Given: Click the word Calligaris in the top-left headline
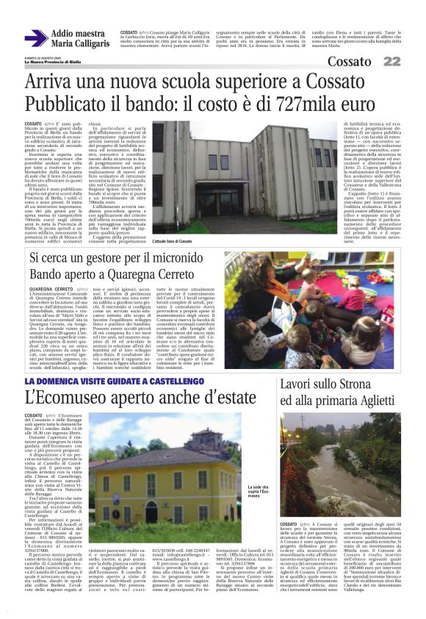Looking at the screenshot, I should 89,44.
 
